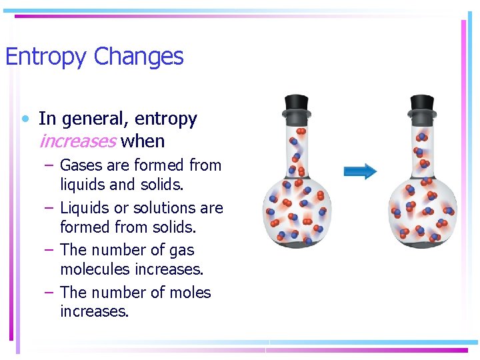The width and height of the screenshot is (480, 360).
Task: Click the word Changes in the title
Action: [x=139, y=57]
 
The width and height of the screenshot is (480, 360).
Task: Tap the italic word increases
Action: [x=78, y=141]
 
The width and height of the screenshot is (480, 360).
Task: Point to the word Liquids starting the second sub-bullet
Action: [x=82, y=207]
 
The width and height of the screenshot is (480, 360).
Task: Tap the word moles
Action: [x=190, y=293]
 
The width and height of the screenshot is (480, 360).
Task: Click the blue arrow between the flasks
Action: [x=360, y=171]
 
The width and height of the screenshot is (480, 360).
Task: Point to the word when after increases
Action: [x=143, y=141]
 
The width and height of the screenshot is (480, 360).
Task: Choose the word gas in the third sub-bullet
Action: [x=179, y=250]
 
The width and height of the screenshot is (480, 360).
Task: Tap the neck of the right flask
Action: [x=422, y=143]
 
